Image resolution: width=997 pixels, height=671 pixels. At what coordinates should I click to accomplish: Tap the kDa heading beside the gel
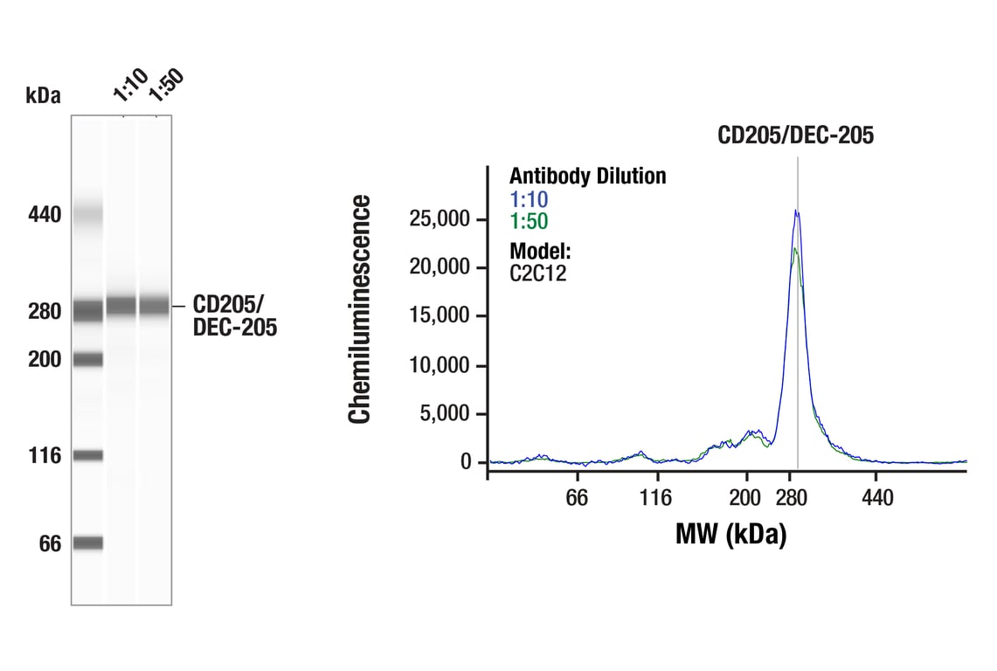(44, 96)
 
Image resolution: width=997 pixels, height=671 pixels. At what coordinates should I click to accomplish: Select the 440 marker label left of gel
(44, 214)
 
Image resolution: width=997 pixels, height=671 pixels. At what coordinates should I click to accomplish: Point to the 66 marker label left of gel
(50, 544)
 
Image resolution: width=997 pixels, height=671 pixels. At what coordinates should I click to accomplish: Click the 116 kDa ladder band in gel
(87, 455)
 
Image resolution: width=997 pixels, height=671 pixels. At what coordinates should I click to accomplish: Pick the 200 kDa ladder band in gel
(87, 358)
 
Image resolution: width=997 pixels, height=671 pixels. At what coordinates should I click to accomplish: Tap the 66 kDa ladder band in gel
(87, 543)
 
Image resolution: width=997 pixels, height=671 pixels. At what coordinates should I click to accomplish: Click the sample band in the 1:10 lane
(121, 306)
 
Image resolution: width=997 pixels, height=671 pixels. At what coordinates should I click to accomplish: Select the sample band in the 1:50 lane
(155, 306)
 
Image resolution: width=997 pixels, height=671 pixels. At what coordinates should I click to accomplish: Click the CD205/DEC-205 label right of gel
(234, 315)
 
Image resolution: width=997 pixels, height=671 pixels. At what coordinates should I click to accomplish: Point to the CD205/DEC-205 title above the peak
(796, 135)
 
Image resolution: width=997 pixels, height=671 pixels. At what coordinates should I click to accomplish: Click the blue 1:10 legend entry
(529, 199)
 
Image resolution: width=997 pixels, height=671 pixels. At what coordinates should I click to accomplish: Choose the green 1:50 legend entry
(529, 222)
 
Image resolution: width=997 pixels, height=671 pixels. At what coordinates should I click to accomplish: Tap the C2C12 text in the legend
(538, 273)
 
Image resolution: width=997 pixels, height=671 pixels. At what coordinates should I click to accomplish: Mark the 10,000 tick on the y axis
(440, 364)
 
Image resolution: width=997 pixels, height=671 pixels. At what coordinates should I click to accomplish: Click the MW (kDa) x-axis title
(730, 534)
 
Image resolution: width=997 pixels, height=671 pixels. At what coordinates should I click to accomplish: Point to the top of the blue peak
(796, 210)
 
